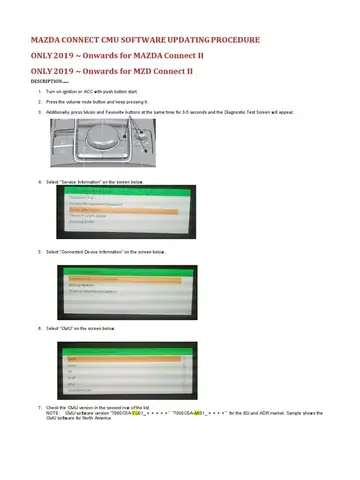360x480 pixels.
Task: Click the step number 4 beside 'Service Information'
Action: coord(38,181)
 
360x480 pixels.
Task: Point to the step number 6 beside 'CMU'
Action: coord(38,327)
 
